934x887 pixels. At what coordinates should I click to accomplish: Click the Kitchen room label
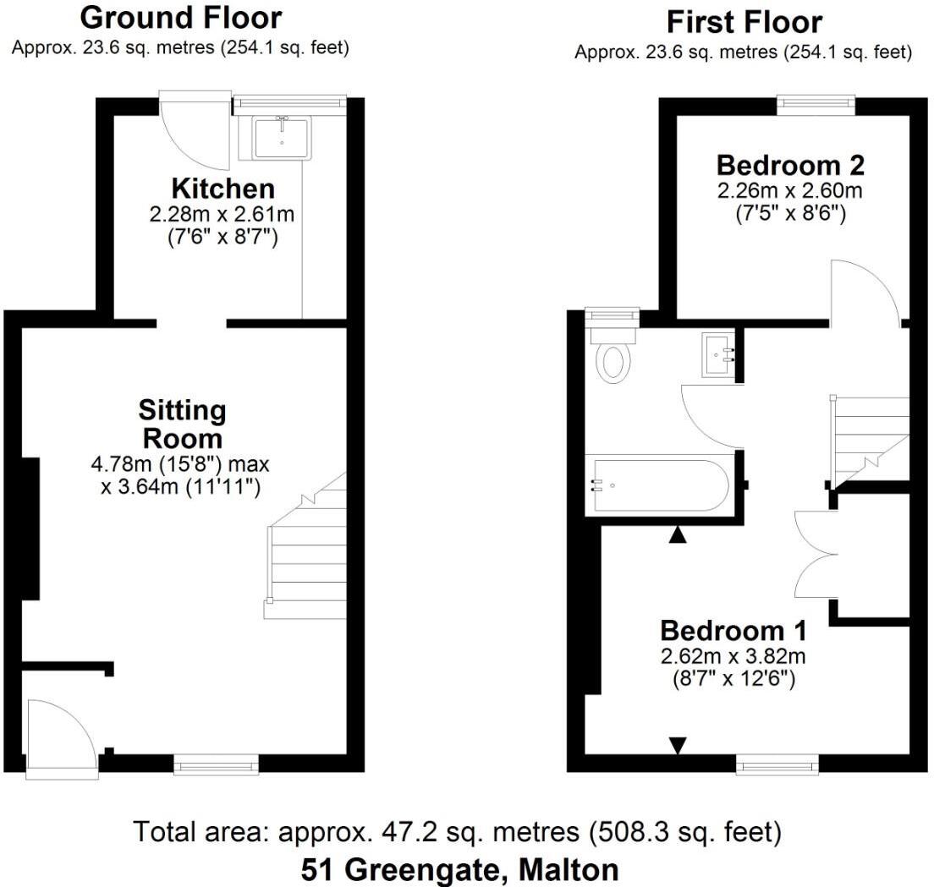(223, 188)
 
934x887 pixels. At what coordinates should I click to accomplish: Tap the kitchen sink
(282, 138)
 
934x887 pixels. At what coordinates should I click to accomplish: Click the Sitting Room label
(183, 424)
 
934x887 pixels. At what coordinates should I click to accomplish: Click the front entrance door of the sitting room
(61, 738)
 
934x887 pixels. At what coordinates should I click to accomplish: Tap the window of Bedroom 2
(816, 103)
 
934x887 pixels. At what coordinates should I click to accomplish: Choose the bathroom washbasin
(717, 353)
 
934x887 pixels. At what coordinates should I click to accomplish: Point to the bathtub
(657, 485)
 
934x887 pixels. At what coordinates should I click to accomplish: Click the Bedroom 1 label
(733, 631)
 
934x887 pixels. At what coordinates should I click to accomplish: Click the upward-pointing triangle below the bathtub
(678, 534)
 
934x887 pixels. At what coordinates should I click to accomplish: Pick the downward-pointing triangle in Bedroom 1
(677, 744)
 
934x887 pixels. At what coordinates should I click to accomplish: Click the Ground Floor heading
(180, 17)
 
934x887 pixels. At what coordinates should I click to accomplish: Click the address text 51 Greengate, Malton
(459, 869)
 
